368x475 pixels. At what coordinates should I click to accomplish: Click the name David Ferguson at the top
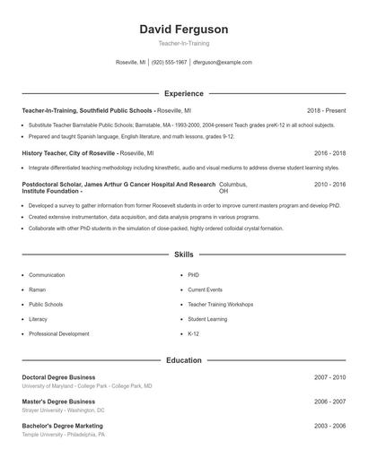tap(183, 30)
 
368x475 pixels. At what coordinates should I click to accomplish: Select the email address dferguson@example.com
tap(223, 63)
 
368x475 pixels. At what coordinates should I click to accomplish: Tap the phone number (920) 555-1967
tap(170, 63)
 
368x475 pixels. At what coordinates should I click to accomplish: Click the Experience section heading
tap(183, 93)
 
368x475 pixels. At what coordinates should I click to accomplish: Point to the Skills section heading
tap(183, 255)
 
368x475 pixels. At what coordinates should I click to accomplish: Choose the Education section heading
tap(183, 360)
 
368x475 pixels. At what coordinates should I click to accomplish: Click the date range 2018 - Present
tap(326, 110)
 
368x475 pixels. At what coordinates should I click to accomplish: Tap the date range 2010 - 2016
tap(329, 184)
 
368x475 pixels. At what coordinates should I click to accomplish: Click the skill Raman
tap(38, 289)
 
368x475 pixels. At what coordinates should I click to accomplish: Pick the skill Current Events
tap(205, 289)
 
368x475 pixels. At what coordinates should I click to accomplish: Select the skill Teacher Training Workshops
tap(220, 304)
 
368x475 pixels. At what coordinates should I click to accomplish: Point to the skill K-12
tap(193, 333)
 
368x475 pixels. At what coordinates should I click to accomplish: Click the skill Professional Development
tap(58, 333)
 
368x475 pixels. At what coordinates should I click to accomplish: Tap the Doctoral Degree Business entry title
tap(58, 377)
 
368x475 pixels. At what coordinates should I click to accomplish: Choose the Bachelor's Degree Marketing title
tap(62, 426)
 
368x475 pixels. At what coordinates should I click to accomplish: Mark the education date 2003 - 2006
tap(329, 426)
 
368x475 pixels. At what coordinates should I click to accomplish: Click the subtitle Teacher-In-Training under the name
tap(183, 43)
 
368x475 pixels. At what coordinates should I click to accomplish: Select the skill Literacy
tap(38, 319)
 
